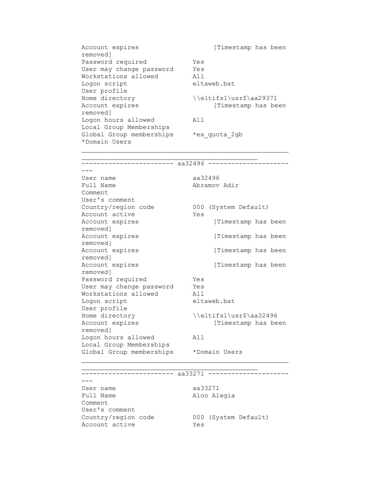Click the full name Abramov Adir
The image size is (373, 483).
216,185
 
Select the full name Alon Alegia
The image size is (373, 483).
213,396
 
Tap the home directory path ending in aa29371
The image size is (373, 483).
235,98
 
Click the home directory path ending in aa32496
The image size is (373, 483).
235,316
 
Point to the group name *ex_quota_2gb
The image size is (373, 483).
218,134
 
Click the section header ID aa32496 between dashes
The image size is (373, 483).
191,164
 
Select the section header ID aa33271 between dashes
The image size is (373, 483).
191,374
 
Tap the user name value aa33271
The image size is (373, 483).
206,388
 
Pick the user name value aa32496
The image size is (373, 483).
206,178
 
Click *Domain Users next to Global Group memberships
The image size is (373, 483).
218,352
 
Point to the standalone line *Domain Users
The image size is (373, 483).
106,142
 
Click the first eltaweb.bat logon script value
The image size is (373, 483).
213,84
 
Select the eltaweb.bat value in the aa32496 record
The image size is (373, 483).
213,301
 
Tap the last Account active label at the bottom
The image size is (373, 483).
108,425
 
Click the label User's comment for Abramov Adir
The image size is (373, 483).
108,200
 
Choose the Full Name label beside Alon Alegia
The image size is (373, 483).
99,396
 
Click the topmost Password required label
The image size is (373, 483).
114,62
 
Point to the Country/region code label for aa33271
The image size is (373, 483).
118,417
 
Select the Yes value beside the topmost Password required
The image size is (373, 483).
198,62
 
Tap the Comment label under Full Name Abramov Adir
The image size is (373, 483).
95,193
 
